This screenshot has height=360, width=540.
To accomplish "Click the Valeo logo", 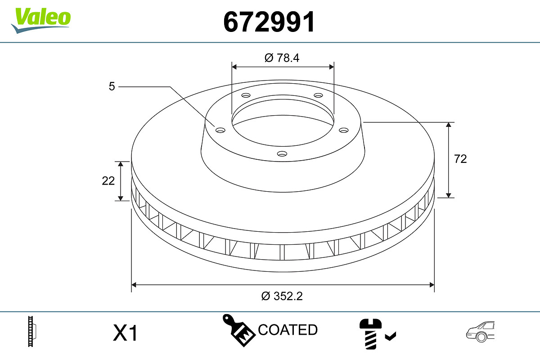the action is [x=41, y=21].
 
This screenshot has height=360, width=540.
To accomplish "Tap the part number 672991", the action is [x=269, y=22].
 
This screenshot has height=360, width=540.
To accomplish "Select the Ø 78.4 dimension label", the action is [x=282, y=58].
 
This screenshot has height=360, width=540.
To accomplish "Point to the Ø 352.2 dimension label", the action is [x=282, y=296].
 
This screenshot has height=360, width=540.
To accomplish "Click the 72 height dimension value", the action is [x=460, y=159].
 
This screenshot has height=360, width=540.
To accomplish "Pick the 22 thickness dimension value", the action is [x=108, y=181].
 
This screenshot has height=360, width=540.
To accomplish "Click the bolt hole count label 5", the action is [x=112, y=86].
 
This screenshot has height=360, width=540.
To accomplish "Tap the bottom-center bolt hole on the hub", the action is [x=282, y=153].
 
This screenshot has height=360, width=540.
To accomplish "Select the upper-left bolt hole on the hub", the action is [x=246, y=95].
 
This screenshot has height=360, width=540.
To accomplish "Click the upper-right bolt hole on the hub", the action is [x=318, y=95].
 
